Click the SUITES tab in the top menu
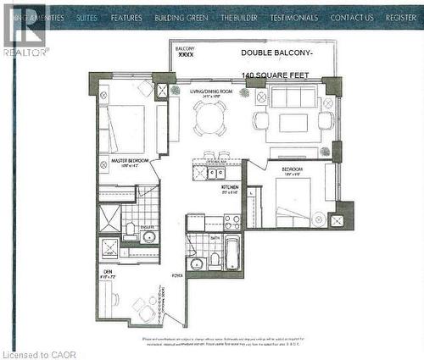86,17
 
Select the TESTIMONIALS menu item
294,17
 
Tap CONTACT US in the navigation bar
351,17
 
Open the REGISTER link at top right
400,17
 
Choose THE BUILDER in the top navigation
239,17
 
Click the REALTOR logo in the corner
25,30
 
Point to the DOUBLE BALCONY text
277,53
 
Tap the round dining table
209,119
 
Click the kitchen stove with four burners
232,222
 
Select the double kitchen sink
203,173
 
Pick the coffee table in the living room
293,123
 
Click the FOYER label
177,274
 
